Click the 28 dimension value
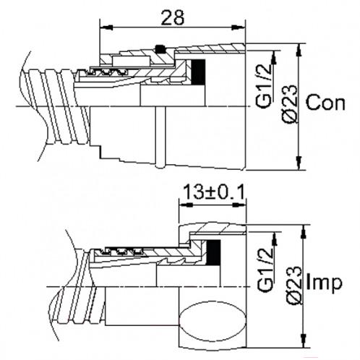[x=173, y=17]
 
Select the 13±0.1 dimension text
[x=214, y=192]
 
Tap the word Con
[x=325, y=103]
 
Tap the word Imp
[x=324, y=283]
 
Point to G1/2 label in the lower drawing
[x=265, y=269]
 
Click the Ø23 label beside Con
[x=290, y=103]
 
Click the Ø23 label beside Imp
[x=293, y=286]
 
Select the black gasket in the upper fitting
[x=198, y=72]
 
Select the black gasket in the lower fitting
[x=213, y=252]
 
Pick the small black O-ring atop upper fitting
[x=160, y=48]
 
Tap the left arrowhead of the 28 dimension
[x=106, y=27]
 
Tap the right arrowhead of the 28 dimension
[x=238, y=27]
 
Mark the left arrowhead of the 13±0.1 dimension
[x=186, y=205]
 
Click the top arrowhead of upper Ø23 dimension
[x=299, y=50]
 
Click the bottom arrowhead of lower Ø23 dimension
[x=304, y=340]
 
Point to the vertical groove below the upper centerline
[x=160, y=137]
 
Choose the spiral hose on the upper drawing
[x=56, y=106]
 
